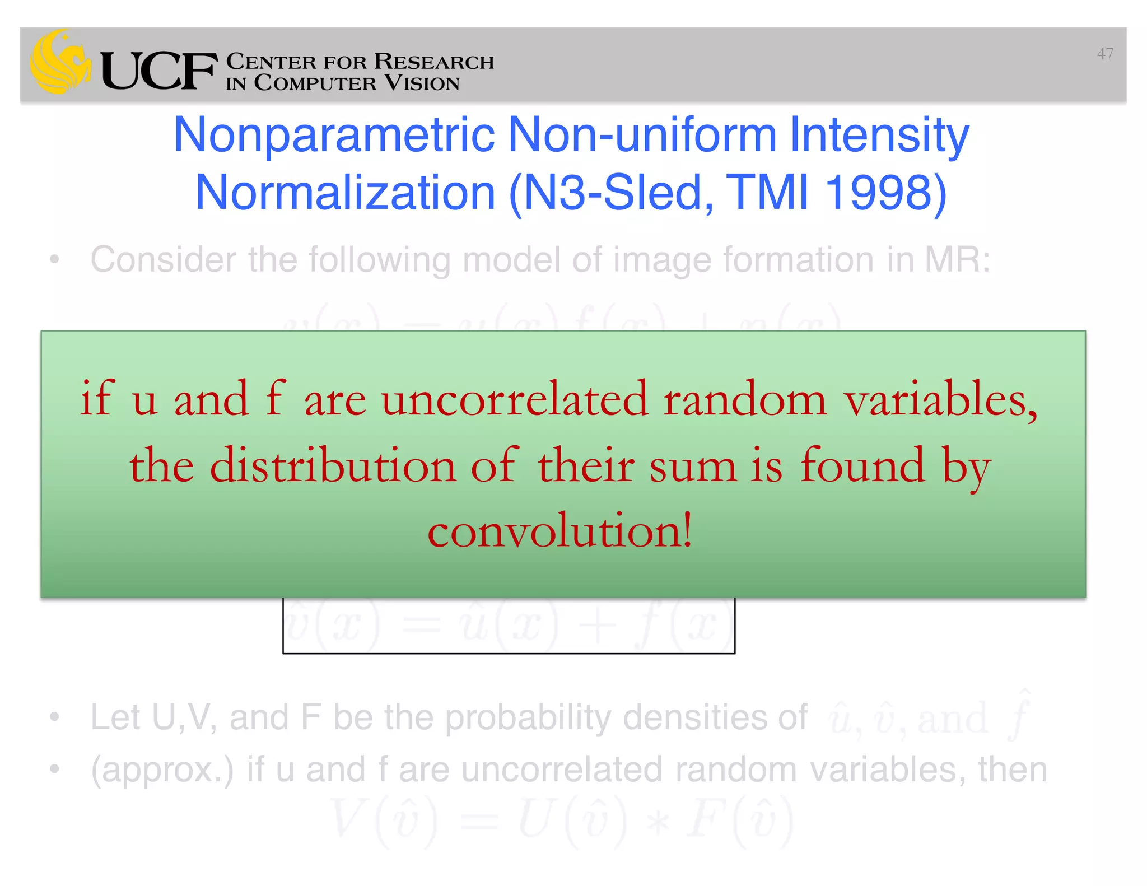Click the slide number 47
pyautogui.click(x=1104, y=54)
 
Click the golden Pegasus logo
pyautogui.click(x=60, y=62)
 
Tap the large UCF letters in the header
pyautogui.click(x=159, y=71)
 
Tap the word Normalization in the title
pyautogui.click(x=345, y=193)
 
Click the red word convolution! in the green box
pyautogui.click(x=560, y=530)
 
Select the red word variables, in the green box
pyautogui.click(x=941, y=399)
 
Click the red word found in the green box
pyautogui.click(x=862, y=465)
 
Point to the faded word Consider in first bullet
pyautogui.click(x=163, y=260)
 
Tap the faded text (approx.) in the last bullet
pyautogui.click(x=162, y=770)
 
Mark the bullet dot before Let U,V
pyautogui.click(x=54, y=717)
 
